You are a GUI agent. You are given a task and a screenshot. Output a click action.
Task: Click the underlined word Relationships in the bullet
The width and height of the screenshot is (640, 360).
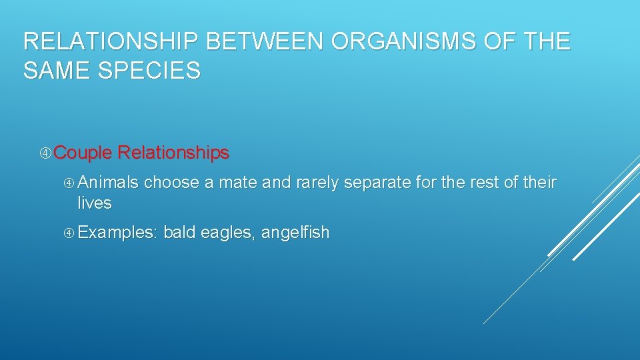coord(173,153)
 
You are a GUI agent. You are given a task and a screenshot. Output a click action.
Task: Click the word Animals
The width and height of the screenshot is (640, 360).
coord(108,183)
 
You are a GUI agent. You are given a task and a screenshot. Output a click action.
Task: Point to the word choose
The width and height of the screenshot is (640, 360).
coord(171,183)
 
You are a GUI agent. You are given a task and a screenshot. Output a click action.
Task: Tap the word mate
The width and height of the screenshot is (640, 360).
coord(238,183)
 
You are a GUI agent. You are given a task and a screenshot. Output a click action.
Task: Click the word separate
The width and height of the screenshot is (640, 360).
coord(374,183)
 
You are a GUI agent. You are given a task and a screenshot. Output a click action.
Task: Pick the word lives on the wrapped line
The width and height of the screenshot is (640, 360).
coord(94,203)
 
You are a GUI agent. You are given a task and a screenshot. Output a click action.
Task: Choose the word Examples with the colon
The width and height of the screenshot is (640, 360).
coord(117,233)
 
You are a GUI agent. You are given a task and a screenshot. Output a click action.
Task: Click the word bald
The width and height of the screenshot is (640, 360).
coord(179,232)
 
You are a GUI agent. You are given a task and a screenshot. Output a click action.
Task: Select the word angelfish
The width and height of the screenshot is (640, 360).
coord(295,233)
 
